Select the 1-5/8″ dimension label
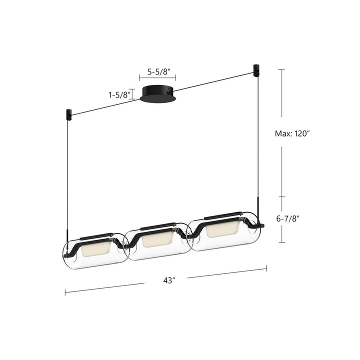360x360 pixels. (x=119, y=94)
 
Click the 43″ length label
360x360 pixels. (x=169, y=280)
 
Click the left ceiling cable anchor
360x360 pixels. (x=68, y=114)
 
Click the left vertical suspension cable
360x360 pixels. (x=67, y=175)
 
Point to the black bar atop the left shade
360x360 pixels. (x=96, y=234)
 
